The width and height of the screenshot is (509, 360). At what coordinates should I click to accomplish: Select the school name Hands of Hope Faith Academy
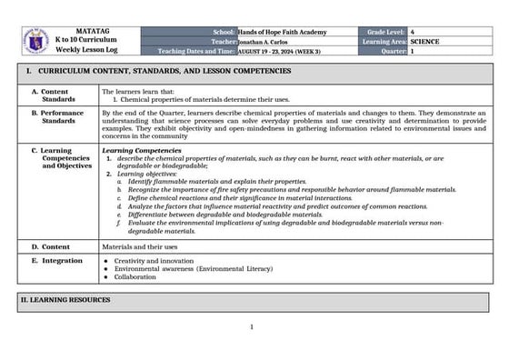tap(283, 32)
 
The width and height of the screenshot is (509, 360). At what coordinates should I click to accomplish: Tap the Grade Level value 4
tap(414, 32)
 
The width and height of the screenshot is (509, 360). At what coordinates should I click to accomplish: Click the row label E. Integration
tap(56, 260)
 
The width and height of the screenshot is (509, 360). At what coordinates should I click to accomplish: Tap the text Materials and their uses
tap(139, 246)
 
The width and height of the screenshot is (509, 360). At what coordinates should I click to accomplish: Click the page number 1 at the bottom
tap(252, 327)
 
